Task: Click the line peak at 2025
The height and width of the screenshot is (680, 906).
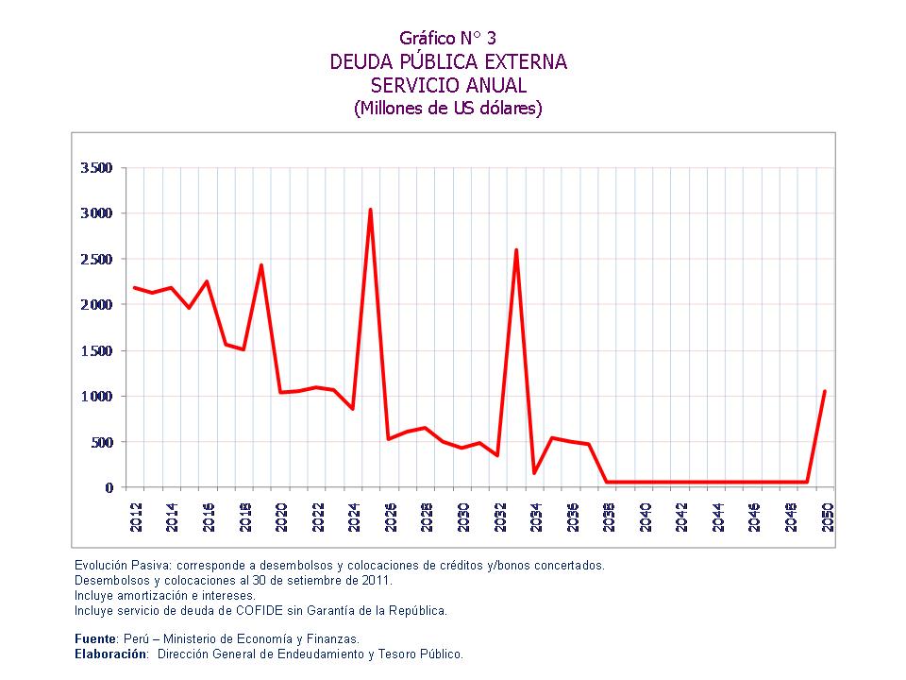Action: pyautogui.click(x=370, y=210)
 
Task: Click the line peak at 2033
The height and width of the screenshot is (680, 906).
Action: pyautogui.click(x=516, y=250)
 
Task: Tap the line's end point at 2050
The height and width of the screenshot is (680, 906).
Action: pyautogui.click(x=825, y=391)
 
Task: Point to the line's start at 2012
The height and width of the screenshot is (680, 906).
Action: pyautogui.click(x=135, y=287)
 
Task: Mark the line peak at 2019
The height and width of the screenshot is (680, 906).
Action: pyautogui.click(x=261, y=265)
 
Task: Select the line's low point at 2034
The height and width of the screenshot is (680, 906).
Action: pyautogui.click(x=534, y=472)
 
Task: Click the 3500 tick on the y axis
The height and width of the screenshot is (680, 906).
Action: pyautogui.click(x=97, y=168)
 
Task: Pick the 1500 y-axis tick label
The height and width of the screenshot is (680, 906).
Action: pyautogui.click(x=97, y=350)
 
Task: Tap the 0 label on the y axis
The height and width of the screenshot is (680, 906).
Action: pyautogui.click(x=109, y=487)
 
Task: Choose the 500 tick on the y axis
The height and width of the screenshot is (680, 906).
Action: pyautogui.click(x=101, y=442)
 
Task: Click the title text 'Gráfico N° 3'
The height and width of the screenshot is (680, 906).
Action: pyautogui.click(x=447, y=38)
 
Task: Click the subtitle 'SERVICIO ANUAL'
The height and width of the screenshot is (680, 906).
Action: pyautogui.click(x=448, y=85)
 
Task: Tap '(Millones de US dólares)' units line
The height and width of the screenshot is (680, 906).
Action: pyautogui.click(x=448, y=108)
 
